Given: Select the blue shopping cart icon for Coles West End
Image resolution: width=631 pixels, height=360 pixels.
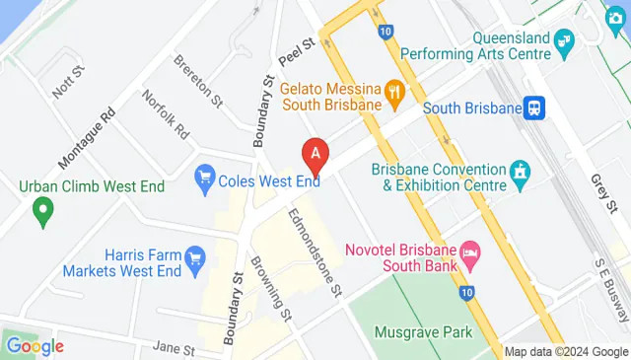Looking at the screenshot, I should pyautogui.click(x=206, y=177).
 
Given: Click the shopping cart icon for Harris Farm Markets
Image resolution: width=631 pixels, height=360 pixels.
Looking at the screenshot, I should pyautogui.click(x=195, y=259).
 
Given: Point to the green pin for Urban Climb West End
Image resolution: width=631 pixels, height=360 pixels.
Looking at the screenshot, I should pyautogui.click(x=41, y=208).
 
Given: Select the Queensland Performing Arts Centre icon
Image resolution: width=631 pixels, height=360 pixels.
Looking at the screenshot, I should pyautogui.click(x=564, y=40).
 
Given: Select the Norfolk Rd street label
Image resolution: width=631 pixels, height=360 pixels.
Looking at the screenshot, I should pyautogui.click(x=165, y=114).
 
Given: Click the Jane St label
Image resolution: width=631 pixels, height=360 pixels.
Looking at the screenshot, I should pyautogui.click(x=175, y=348).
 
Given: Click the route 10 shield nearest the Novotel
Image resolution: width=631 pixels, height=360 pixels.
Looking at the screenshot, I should pyautogui.click(x=467, y=293).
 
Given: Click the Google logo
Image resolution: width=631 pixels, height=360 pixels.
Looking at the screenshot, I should pyautogui.click(x=35, y=345).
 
